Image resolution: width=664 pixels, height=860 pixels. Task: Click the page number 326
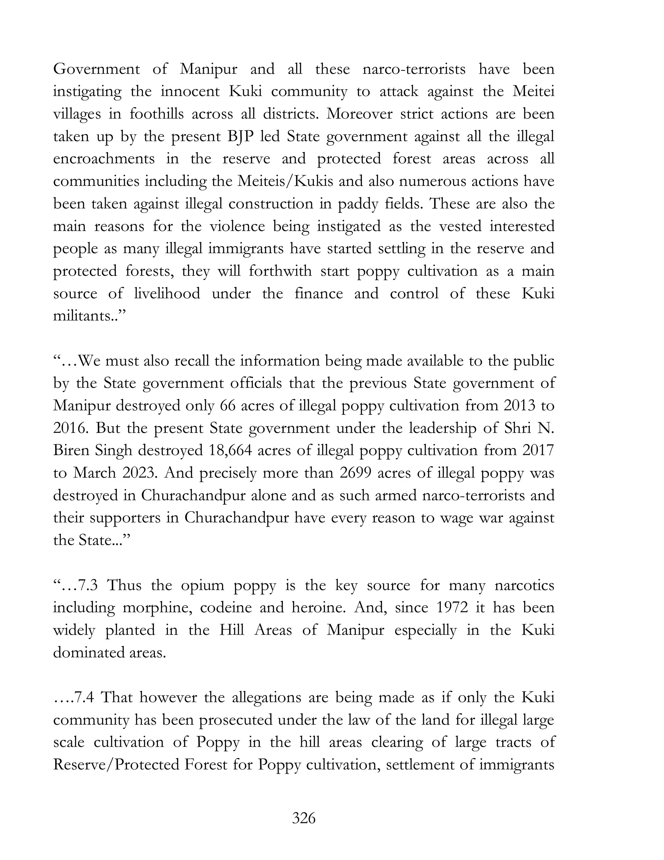coord(304,818)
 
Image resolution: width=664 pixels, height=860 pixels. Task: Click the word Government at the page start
coord(96,69)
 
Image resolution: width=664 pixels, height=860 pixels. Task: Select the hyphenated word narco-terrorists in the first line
coord(414,69)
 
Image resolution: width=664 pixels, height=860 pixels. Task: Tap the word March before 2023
coord(94,473)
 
